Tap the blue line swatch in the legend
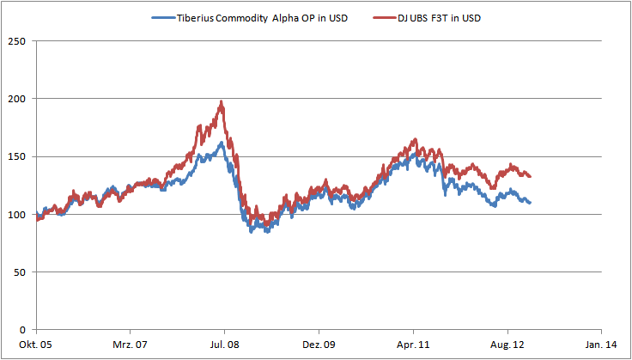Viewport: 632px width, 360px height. (x=162, y=18)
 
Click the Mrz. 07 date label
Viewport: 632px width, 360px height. (x=131, y=344)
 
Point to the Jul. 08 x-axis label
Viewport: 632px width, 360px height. (x=225, y=344)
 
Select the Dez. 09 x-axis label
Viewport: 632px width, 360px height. (x=319, y=344)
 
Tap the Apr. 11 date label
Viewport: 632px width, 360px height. (x=413, y=344)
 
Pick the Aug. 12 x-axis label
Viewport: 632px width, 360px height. (x=507, y=344)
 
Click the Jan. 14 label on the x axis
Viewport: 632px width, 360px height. (x=601, y=344)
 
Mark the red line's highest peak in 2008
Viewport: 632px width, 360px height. (x=222, y=101)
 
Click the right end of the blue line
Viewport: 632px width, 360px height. (x=531, y=203)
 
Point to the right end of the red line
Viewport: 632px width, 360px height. (x=531, y=176)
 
